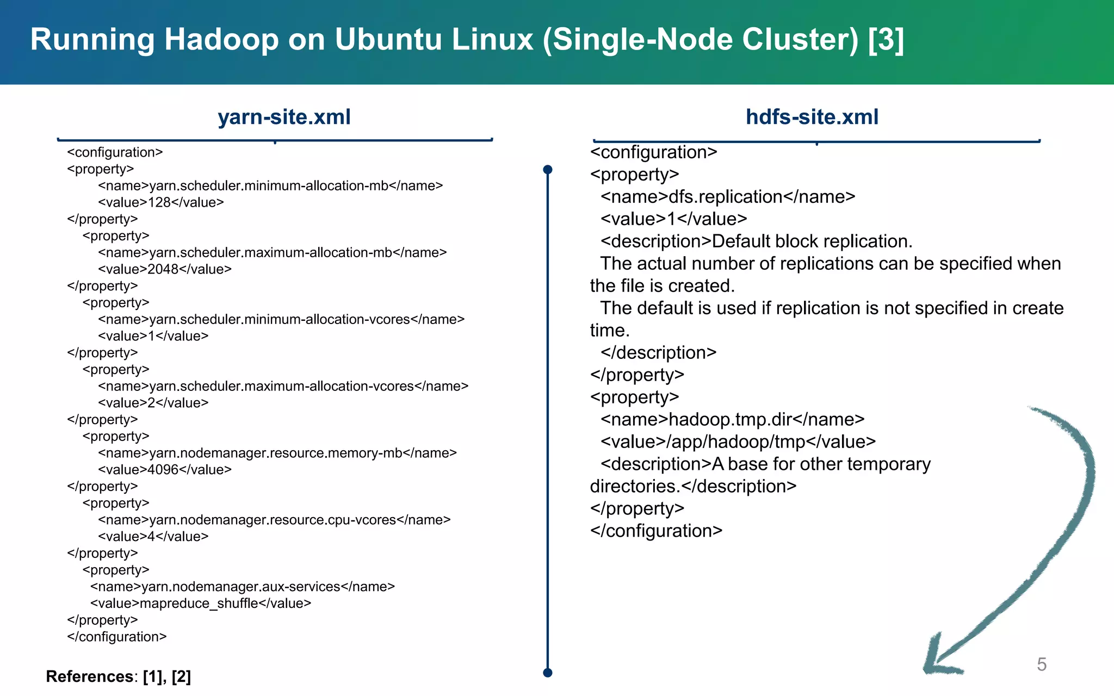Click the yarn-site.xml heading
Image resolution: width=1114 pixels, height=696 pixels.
click(284, 117)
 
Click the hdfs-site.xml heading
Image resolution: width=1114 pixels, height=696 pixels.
click(812, 117)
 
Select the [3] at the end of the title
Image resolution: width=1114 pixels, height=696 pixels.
click(886, 40)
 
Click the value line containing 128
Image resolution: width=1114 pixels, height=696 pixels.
click(161, 202)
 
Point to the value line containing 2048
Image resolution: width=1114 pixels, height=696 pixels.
click(165, 269)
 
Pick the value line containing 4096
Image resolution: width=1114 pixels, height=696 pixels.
click(165, 469)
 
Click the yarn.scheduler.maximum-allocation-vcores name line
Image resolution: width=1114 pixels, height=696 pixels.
click(283, 386)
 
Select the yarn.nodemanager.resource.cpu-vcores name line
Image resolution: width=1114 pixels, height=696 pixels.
click(274, 520)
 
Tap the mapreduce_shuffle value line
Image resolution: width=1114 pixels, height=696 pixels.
click(201, 603)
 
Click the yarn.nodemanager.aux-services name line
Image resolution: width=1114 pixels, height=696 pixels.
click(243, 587)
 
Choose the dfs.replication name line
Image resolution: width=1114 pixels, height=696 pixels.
click(728, 196)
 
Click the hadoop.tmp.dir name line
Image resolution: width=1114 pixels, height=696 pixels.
click(732, 419)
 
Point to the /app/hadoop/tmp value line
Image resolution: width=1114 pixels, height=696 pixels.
click(738, 442)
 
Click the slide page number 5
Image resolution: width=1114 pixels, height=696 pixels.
click(1041, 664)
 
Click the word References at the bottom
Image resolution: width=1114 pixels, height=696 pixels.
click(89, 676)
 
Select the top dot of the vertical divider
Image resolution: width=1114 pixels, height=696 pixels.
click(548, 170)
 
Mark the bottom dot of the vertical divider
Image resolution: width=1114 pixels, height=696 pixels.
click(548, 673)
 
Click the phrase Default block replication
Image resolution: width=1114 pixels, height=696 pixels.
click(812, 241)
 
